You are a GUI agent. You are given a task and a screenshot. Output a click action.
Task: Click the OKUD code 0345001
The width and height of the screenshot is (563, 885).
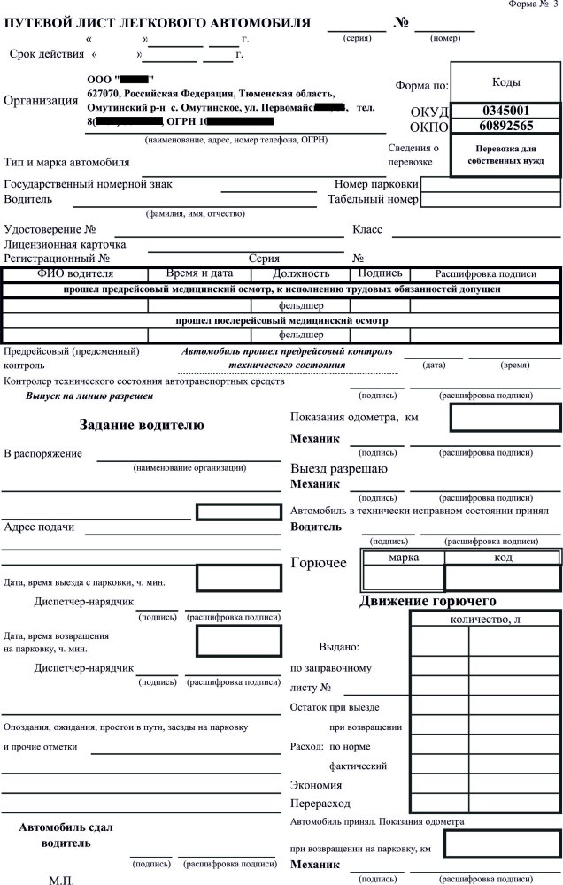coord(505,111)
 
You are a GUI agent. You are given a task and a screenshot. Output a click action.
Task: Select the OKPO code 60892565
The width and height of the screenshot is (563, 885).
coord(505,127)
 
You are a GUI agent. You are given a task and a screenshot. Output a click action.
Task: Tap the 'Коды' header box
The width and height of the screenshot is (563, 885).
coord(505,81)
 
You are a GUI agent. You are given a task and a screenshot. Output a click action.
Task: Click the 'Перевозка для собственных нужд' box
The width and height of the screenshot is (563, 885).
coord(505,156)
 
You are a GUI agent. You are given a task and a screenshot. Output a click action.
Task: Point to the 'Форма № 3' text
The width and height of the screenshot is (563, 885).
coord(534,4)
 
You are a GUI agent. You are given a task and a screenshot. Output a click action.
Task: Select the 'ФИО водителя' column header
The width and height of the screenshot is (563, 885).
coord(75,274)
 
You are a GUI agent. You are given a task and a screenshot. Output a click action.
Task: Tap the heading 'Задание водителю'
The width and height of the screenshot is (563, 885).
coord(142,425)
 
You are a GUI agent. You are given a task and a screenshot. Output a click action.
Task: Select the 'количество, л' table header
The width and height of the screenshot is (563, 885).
coord(486,619)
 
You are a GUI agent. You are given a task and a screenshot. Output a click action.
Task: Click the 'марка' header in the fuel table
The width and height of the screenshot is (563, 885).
coord(403,558)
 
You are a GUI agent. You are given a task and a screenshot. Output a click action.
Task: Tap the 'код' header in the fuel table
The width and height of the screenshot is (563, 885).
coord(502,558)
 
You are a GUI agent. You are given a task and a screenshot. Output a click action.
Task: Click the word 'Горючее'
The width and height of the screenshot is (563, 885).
coord(320,564)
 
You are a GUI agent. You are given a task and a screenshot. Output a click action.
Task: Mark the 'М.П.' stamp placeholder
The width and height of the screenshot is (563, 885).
coord(62,879)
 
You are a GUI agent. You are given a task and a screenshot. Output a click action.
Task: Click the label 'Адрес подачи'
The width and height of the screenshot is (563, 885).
coord(39,527)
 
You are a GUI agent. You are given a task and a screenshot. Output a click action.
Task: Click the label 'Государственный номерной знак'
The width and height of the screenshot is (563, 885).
coord(88,184)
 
